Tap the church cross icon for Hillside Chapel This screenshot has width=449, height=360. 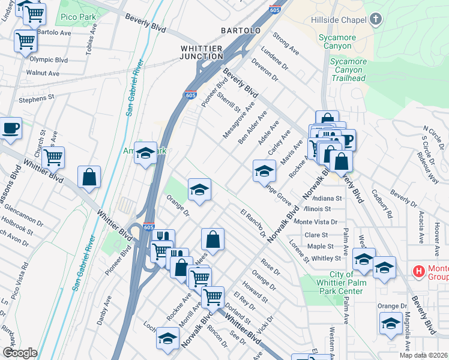(x=376, y=20)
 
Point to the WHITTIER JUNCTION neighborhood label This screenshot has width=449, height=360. (x=202, y=52)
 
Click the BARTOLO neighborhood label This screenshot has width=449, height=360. (x=240, y=30)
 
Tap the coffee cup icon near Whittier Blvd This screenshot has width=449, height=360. (x=11, y=128)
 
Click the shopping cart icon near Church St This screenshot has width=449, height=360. (x=53, y=157)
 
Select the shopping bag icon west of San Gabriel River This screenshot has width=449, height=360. (x=89, y=177)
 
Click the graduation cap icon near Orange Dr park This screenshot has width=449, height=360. (x=199, y=190)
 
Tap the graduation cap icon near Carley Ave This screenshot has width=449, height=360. (x=264, y=171)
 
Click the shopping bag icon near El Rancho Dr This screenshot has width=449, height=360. (x=212, y=239)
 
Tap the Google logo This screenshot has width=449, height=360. (x=19, y=353)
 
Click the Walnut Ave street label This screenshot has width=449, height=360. (x=43, y=73)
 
